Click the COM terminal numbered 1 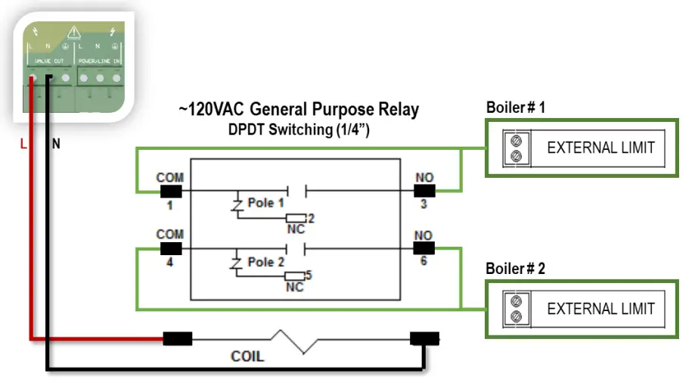(171, 190)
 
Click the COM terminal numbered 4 (171, 247)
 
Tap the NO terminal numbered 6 (424, 247)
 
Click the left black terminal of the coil (178, 338)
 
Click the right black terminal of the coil (424, 338)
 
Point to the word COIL (247, 355)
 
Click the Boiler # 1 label (515, 107)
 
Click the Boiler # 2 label (515, 269)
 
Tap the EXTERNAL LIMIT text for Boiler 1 (600, 148)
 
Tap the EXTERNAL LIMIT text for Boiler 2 (600, 309)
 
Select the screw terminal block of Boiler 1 (516, 148)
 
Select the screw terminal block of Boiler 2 (516, 309)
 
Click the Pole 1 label (265, 204)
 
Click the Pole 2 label (265, 262)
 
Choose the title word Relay (397, 110)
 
